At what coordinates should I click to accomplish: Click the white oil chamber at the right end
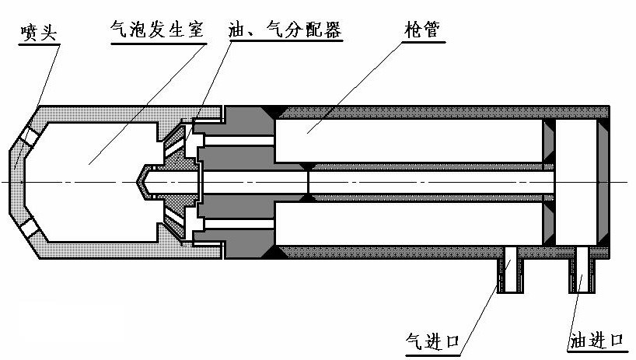576,180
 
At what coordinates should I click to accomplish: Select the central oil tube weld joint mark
309,181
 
